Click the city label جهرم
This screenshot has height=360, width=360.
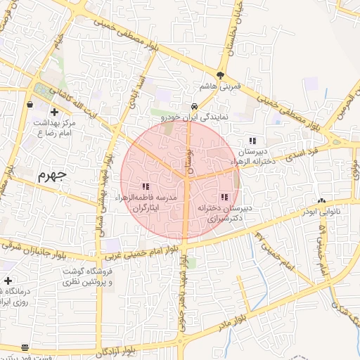(x=51, y=174)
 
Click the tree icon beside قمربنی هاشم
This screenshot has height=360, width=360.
(x=221, y=75)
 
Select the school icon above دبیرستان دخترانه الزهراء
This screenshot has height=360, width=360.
(x=252, y=141)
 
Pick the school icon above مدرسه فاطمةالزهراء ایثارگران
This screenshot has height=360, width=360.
(x=146, y=187)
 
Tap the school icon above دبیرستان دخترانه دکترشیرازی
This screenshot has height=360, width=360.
(x=224, y=198)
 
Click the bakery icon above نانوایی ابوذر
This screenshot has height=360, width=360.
(x=322, y=201)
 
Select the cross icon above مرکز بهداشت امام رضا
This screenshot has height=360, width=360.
(x=54, y=111)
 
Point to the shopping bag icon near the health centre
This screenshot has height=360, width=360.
(x=30, y=104)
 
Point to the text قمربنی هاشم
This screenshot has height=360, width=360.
(x=221, y=86)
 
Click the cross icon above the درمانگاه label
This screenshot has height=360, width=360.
(x=8, y=281)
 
